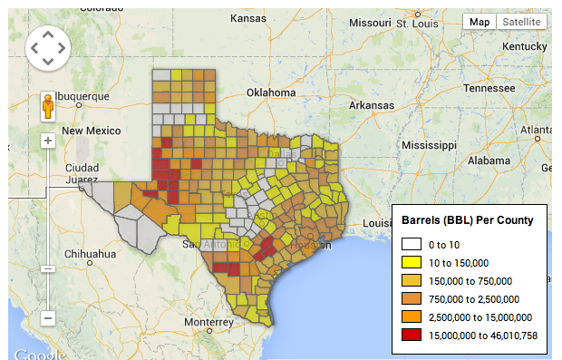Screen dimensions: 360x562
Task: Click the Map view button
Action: tap(480, 22)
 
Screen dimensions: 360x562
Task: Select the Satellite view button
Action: tap(522, 22)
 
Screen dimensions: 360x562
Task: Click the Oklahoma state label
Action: tap(274, 92)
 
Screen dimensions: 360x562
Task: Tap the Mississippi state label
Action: tap(431, 145)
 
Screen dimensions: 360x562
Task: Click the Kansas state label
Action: tap(248, 18)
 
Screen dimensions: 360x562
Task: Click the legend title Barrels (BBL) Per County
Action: tap(467, 220)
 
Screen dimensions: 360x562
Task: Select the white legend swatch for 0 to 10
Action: tap(412, 244)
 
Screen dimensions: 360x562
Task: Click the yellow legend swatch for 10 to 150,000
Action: tap(412, 262)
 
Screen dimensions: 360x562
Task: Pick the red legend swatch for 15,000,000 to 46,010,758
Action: tap(412, 335)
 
